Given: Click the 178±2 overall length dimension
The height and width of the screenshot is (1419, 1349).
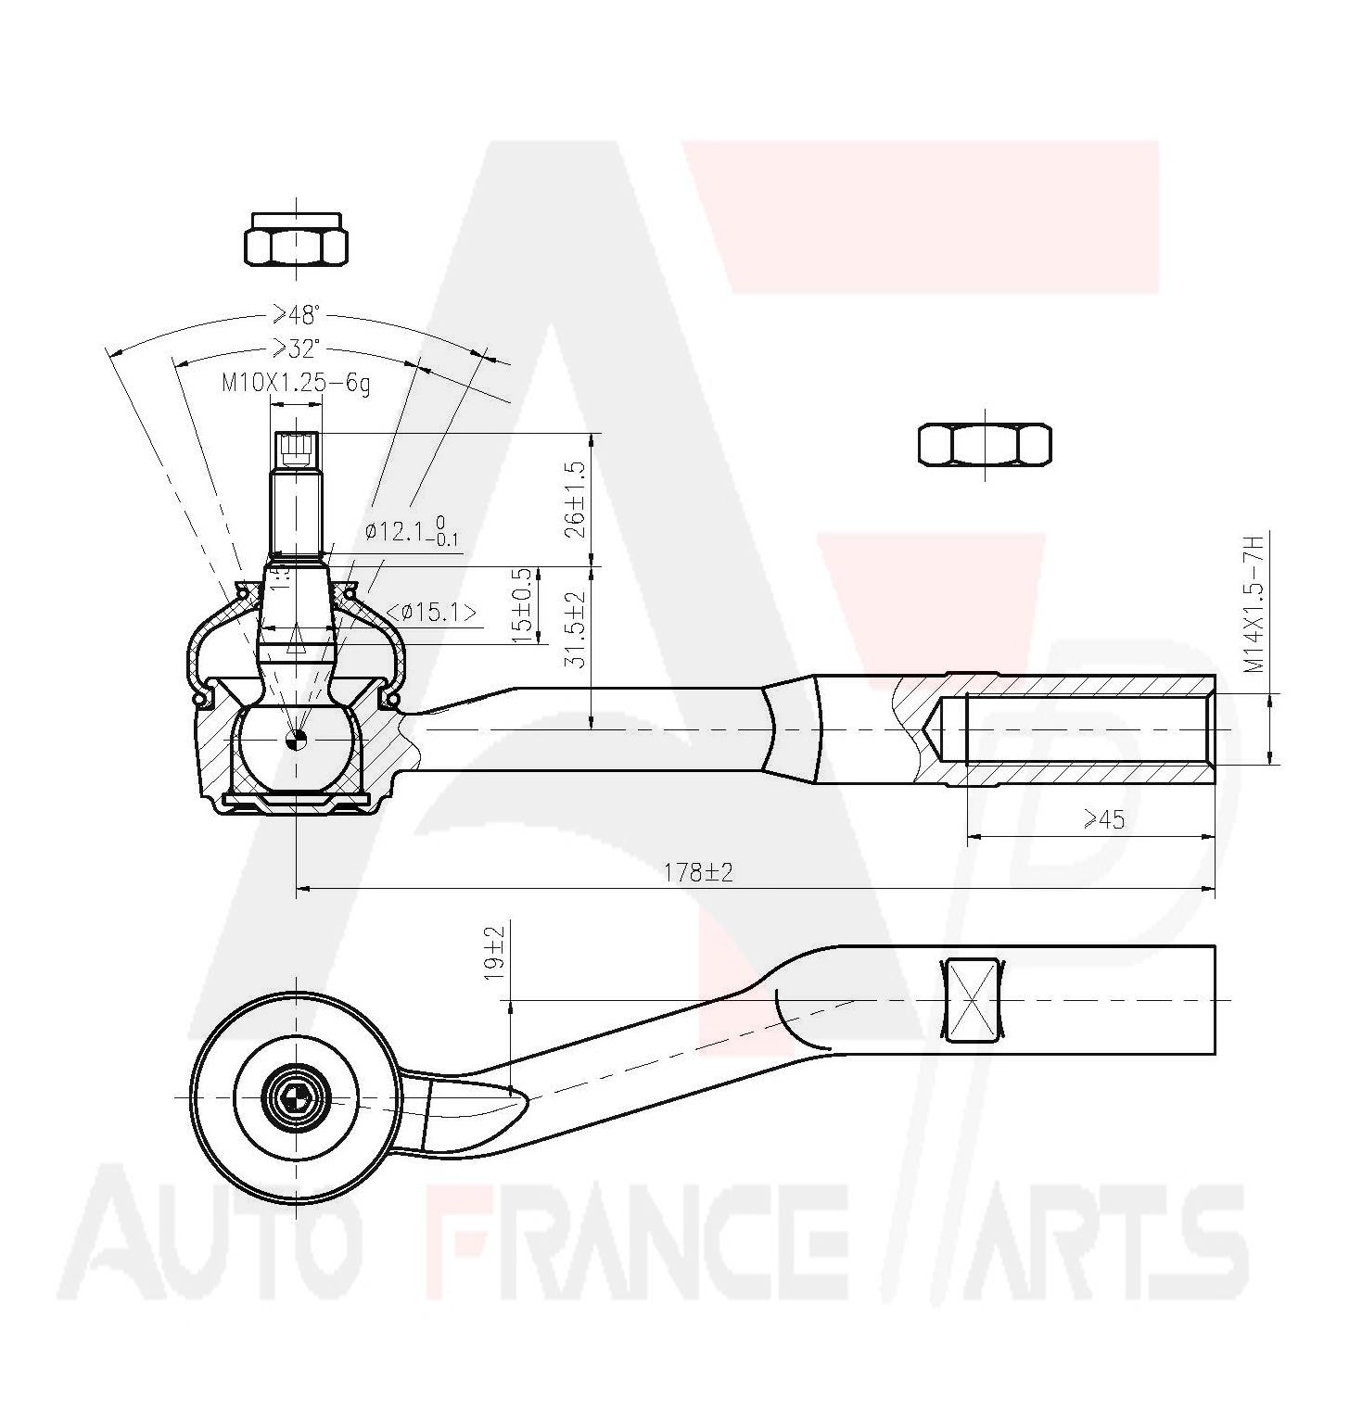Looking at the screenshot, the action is [x=697, y=873].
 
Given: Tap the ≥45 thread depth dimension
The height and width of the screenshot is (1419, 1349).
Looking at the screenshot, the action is [x=1103, y=819].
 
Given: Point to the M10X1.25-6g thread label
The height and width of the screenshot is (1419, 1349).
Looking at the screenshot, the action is [x=295, y=384].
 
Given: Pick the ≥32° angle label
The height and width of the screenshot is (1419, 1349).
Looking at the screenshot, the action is [x=295, y=348].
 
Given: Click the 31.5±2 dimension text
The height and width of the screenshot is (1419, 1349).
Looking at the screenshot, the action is [x=575, y=631].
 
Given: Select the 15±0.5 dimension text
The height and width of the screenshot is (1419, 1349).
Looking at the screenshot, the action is [x=525, y=606].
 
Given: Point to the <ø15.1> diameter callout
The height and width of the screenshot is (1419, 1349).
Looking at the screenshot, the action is [x=432, y=613].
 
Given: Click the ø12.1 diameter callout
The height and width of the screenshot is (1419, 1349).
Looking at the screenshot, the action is [x=413, y=533].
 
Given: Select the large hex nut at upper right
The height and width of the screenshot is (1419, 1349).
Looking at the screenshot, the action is [x=985, y=444].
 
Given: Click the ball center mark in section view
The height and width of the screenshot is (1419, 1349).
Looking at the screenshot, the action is [x=296, y=739].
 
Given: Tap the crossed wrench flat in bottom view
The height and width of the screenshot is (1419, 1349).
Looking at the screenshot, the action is [x=972, y=1000].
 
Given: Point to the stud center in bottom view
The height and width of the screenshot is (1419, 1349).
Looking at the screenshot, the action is [x=296, y=1097].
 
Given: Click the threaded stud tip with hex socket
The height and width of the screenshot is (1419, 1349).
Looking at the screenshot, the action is [x=296, y=450].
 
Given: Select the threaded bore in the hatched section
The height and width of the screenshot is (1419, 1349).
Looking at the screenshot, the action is [x=1085, y=729].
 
